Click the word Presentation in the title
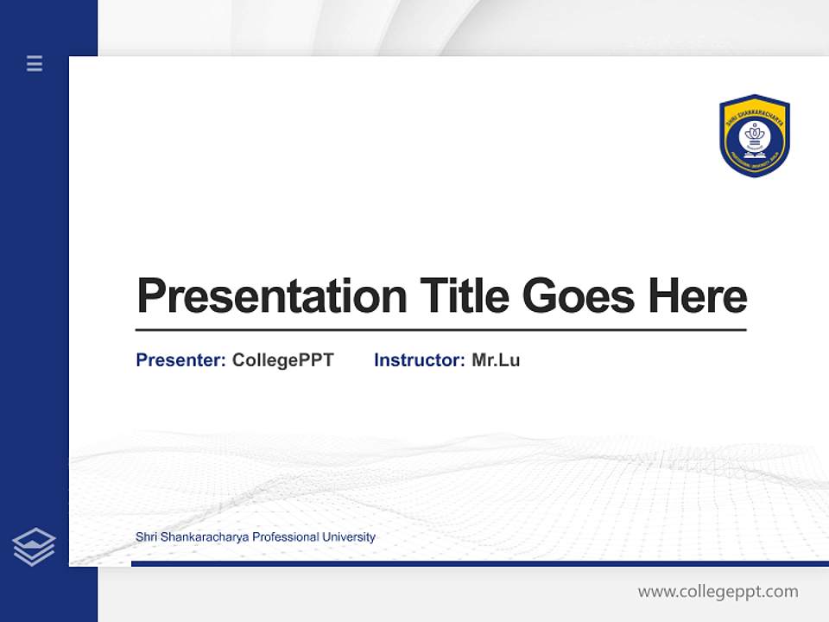[272, 296]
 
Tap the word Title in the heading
[465, 296]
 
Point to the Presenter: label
[180, 360]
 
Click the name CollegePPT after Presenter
[282, 360]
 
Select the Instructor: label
[419, 360]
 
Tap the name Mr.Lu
[496, 360]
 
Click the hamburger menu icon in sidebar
[35, 63]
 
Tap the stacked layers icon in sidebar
[34, 547]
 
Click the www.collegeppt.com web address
[718, 592]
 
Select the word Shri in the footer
[146, 537]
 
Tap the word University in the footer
[349, 537]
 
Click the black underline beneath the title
[440, 330]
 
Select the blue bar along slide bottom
[479, 563]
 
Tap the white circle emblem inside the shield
[755, 140]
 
